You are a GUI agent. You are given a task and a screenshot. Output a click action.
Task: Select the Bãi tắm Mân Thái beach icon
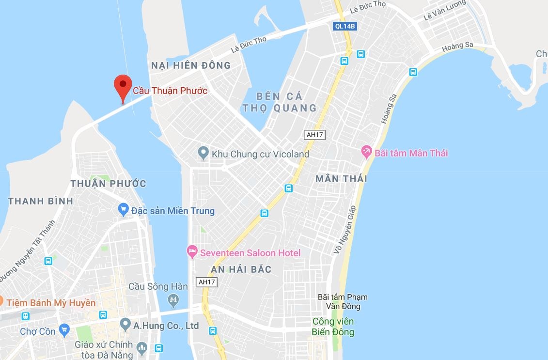(367, 153)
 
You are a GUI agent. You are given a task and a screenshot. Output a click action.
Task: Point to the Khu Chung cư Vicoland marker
(204, 154)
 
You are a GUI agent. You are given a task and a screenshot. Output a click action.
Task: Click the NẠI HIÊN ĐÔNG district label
(190, 65)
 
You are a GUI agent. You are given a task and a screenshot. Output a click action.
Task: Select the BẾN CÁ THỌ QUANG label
(280, 102)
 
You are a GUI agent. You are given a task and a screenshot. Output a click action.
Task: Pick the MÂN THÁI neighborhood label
(341, 179)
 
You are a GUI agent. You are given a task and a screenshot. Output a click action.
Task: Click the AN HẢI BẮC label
(241, 269)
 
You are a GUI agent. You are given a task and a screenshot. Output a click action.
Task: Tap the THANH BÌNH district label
(41, 201)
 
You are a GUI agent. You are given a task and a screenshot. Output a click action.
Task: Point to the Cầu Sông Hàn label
(158, 286)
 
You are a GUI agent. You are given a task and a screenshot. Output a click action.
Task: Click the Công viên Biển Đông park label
(333, 327)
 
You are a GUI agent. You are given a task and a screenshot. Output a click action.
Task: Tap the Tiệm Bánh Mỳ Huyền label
(50, 303)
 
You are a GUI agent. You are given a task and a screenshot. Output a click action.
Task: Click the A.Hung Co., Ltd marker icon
(125, 323)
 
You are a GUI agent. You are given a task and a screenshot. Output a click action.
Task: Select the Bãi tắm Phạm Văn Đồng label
(343, 301)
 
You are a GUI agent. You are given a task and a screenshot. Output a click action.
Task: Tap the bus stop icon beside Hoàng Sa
(413, 72)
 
